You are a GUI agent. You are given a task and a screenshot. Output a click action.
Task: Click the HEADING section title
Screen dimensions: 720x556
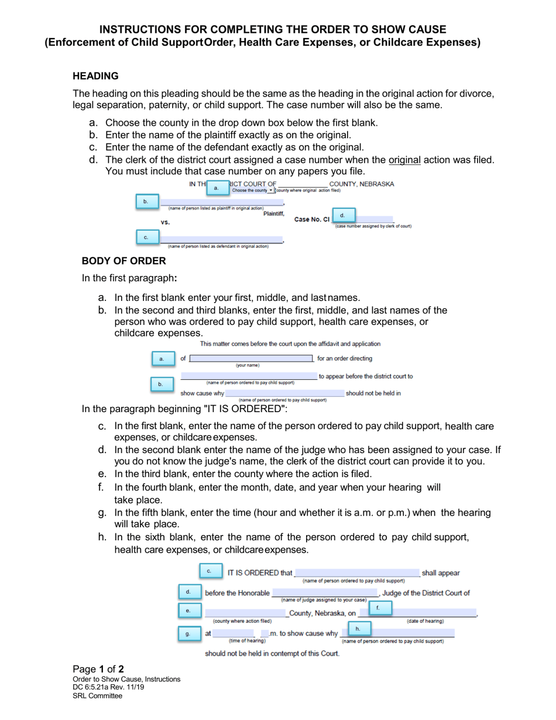pyautogui.click(x=95, y=76)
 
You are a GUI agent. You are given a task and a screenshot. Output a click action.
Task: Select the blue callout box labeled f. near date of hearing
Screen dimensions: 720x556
pyautogui.click(x=377, y=608)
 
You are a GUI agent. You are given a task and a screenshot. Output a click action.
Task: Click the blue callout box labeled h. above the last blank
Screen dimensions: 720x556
pyautogui.click(x=358, y=628)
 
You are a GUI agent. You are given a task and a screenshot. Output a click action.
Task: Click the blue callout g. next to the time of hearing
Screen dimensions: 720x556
pyautogui.click(x=188, y=633)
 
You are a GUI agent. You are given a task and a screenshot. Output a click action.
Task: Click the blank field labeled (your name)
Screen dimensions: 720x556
pyautogui.click(x=251, y=358)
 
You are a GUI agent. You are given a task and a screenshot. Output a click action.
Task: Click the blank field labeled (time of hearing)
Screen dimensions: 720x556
pyautogui.click(x=234, y=633)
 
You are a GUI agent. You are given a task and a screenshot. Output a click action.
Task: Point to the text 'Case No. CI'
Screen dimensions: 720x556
pyautogui.click(x=312, y=220)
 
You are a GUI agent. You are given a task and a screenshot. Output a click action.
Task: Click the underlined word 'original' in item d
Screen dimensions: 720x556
pyautogui.click(x=404, y=160)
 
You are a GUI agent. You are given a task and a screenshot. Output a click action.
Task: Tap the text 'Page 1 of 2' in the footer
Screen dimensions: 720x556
pyautogui.click(x=98, y=669)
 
